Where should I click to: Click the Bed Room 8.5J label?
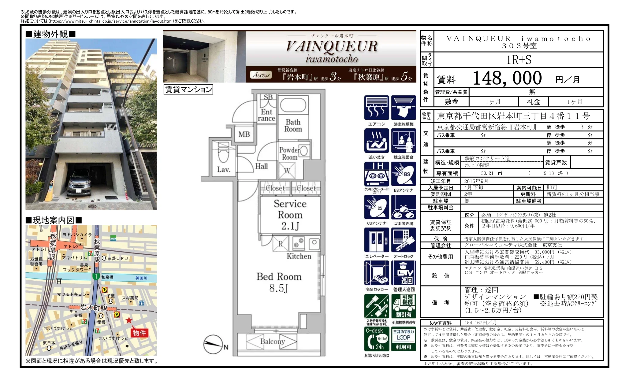click(x=279, y=282)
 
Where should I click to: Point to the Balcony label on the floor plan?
click(x=272, y=341)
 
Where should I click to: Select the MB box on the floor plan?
click(x=244, y=134)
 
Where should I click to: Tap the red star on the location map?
click(x=129, y=320)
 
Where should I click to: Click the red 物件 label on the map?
click(x=139, y=333)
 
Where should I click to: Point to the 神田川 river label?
click(x=141, y=278)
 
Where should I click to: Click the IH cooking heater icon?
click(x=377, y=174)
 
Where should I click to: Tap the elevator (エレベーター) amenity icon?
click(x=377, y=240)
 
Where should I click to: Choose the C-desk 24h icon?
click(x=377, y=339)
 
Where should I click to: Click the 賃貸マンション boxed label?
click(x=188, y=89)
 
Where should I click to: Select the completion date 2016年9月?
click(x=476, y=181)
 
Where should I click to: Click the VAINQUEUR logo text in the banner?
click(x=332, y=46)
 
